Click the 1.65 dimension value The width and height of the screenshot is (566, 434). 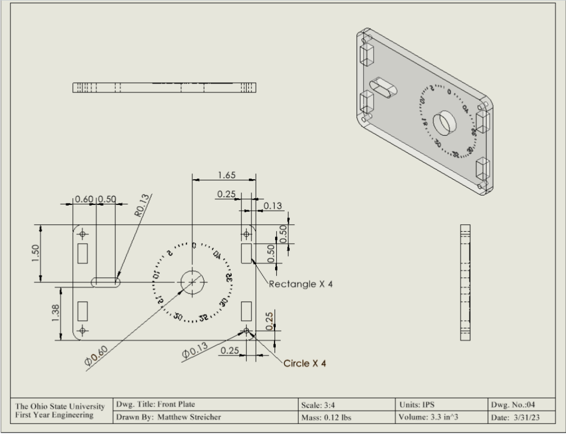point(226,175)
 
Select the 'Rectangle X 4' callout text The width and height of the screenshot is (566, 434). point(301,284)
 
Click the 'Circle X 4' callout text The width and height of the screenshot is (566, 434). point(304,363)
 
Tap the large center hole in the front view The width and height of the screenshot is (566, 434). point(192,282)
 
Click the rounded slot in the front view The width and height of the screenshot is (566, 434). point(105,282)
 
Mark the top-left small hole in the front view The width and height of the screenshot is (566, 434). point(82,234)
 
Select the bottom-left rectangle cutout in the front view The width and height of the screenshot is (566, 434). point(82,311)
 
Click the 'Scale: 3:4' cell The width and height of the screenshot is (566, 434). point(320,404)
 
